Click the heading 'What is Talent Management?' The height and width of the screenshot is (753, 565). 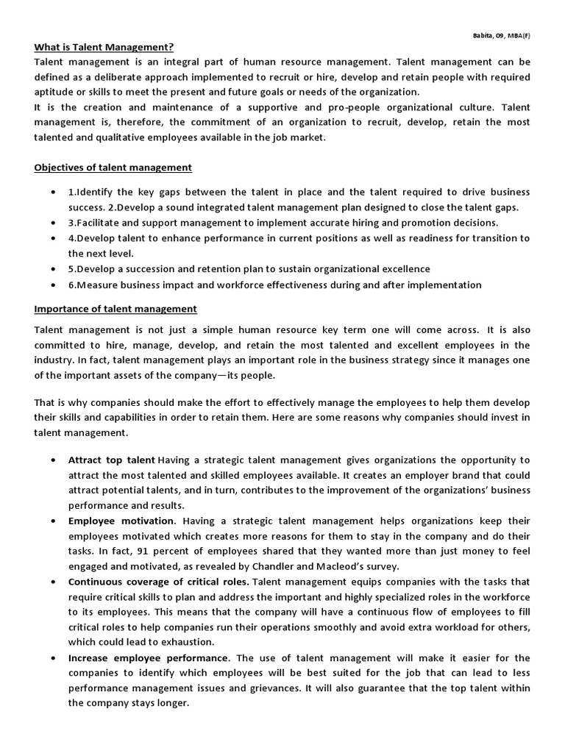[x=104, y=47]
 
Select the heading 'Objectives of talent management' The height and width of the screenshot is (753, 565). [x=113, y=168]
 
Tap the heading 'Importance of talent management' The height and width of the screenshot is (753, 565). [x=116, y=309]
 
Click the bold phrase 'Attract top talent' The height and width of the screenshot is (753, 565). [x=111, y=460]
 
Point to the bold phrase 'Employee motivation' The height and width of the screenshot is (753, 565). [x=121, y=521]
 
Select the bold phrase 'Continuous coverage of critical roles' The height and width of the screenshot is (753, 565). [x=157, y=582]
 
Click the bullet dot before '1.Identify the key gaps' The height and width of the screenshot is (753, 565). [x=53, y=193]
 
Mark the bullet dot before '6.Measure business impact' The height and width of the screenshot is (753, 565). [x=53, y=285]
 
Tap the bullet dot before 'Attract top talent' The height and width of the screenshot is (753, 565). [x=53, y=460]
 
